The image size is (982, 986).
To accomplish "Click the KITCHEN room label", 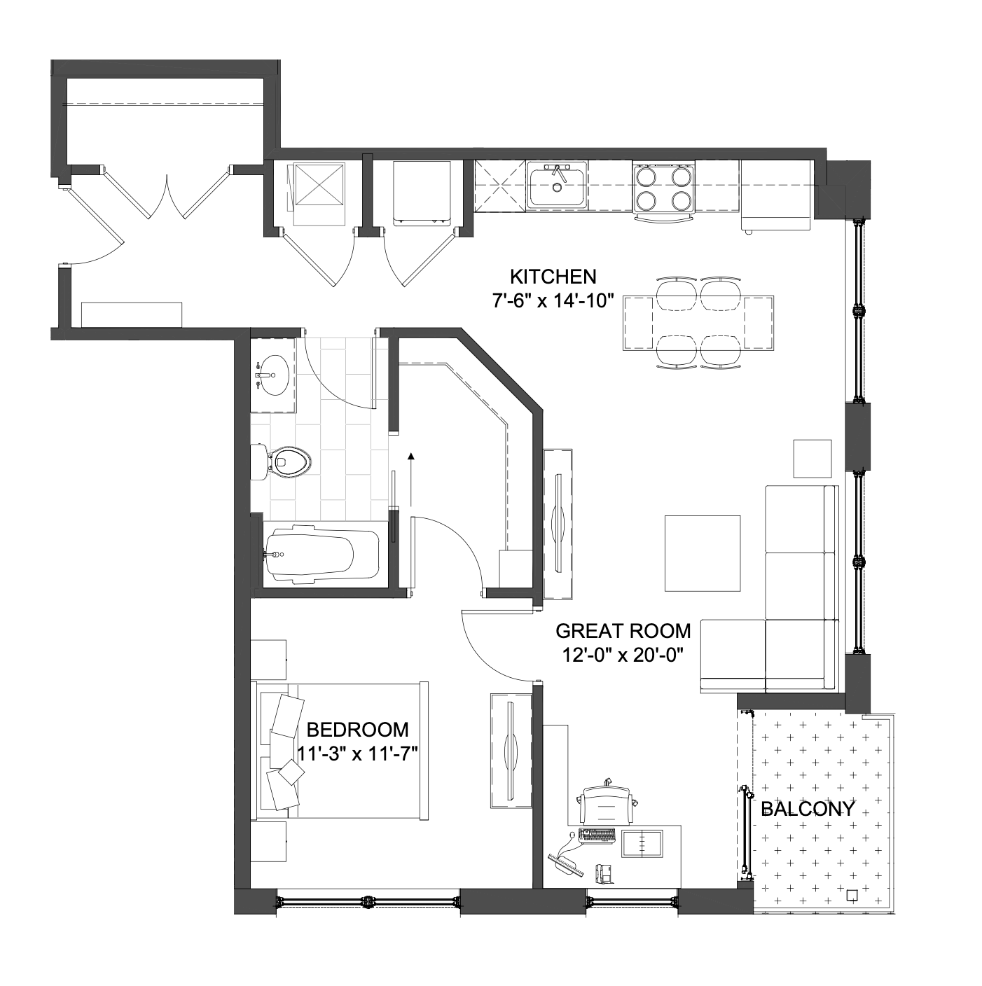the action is coord(553,277).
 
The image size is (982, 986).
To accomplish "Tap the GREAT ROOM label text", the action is coord(623,632).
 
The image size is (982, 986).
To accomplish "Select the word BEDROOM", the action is coord(357,730).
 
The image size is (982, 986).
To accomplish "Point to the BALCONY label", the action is coord(808,809).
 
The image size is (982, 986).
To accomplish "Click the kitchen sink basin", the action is coord(558,186).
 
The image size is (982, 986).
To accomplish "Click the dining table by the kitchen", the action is coord(698,323).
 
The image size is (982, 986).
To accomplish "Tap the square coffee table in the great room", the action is coord(703,553).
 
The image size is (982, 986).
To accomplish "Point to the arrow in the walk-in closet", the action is coord(410,480).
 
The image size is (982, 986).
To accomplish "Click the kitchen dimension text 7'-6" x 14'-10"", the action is coord(553,301).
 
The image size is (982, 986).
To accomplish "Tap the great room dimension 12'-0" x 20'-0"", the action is coord(623,655).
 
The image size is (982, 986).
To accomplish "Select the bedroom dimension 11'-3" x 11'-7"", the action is coord(358,754).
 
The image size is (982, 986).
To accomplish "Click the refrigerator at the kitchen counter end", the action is coord(776,195).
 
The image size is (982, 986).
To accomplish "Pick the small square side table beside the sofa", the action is coord(812,459).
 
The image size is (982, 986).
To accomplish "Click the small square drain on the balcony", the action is coord(852,909).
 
